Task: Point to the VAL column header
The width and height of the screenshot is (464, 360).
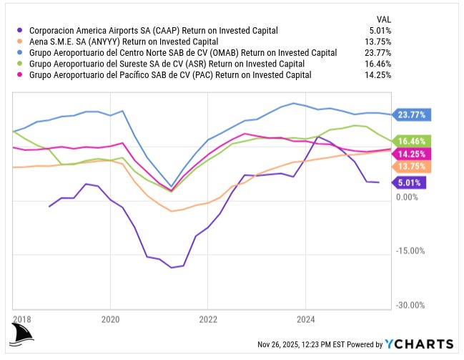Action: coord(383,19)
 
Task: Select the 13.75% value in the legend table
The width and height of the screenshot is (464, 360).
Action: coord(377,42)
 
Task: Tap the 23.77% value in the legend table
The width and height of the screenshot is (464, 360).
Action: coord(377,52)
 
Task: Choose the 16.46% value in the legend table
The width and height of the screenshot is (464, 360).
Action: coord(377,63)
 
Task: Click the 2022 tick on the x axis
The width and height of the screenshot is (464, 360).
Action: coord(208,319)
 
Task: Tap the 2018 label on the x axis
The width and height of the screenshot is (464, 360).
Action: coord(22,319)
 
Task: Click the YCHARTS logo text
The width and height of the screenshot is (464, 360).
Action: coord(419,344)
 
